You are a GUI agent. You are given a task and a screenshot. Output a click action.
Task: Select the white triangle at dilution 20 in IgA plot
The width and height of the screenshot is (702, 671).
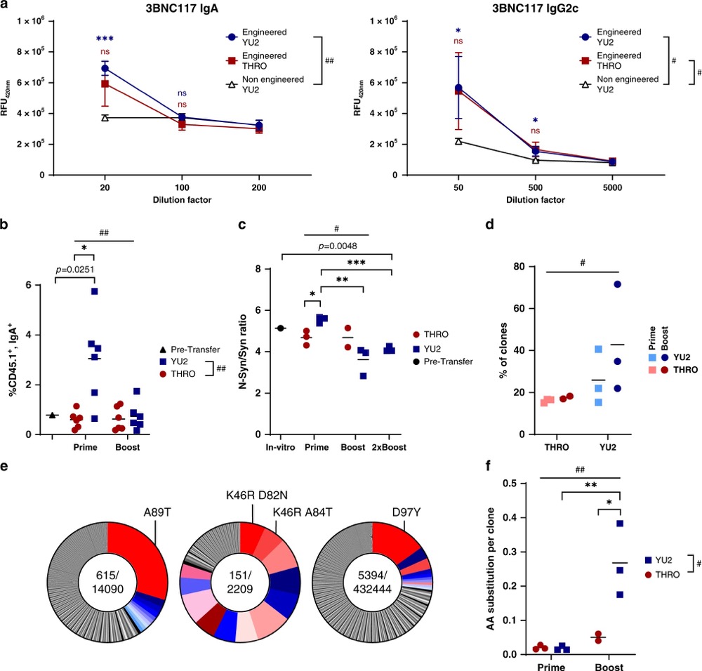click(x=105, y=117)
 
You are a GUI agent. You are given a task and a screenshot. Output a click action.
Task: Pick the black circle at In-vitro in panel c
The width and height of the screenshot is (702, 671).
click(x=281, y=328)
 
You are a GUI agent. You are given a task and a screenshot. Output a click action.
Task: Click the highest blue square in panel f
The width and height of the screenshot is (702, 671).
click(x=620, y=524)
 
